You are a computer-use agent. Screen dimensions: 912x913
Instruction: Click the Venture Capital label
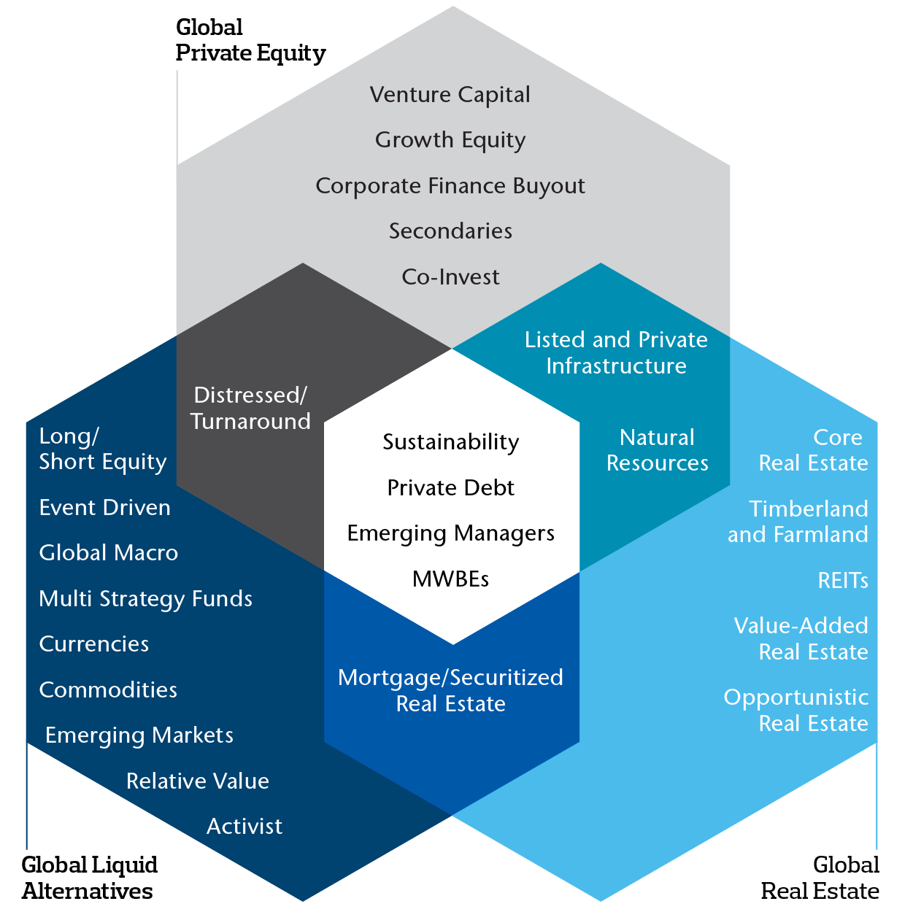click(450, 95)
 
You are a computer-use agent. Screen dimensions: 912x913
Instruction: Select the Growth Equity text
click(450, 140)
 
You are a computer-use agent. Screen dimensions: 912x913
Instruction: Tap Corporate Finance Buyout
click(450, 186)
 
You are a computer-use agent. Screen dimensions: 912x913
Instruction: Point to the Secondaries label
click(450, 231)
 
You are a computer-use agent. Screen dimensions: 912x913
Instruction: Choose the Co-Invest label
click(450, 277)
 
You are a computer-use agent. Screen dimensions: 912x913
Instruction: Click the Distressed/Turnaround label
click(250, 408)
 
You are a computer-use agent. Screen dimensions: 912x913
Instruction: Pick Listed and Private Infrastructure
click(616, 352)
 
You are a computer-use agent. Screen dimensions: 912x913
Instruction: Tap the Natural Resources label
click(657, 450)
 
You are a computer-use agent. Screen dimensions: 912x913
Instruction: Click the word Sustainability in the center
click(450, 442)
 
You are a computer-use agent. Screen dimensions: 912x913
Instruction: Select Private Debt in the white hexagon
click(450, 488)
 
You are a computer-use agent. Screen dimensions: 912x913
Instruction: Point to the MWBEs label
click(450, 579)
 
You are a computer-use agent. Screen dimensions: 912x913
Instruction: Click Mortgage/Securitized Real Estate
click(450, 690)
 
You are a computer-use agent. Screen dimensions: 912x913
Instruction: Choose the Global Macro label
click(108, 553)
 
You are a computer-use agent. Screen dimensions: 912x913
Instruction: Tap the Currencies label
click(93, 644)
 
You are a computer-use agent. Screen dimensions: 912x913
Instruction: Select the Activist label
click(244, 827)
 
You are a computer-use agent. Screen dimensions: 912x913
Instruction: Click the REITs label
click(842, 581)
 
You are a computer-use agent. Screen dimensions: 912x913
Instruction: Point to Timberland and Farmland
click(798, 522)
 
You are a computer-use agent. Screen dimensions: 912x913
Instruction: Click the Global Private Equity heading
click(250, 40)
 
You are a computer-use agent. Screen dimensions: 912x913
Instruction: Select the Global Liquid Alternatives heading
click(89, 878)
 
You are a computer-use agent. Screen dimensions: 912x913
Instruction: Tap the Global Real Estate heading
click(820, 878)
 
